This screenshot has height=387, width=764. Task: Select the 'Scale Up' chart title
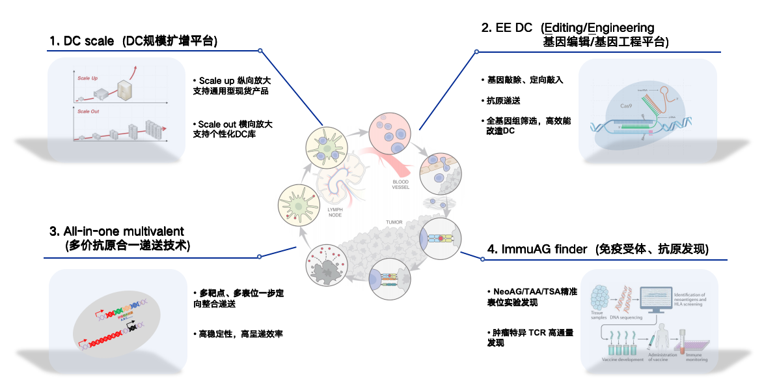tap(87, 78)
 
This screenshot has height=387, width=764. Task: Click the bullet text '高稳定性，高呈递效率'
tap(241, 334)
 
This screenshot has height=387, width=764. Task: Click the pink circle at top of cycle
tap(389, 134)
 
